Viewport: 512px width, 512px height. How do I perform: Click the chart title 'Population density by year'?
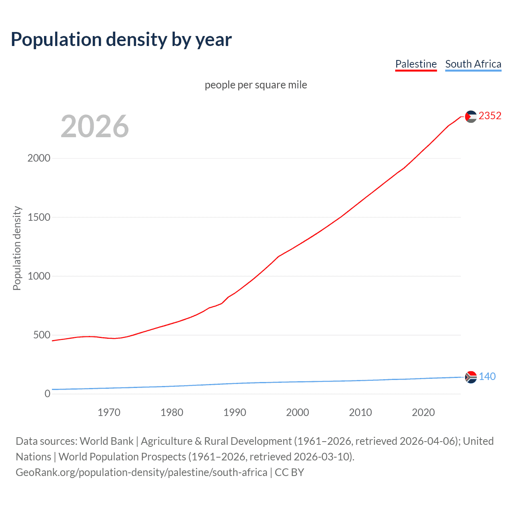pyautogui.click(x=121, y=40)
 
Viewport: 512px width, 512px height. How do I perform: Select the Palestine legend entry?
pyautogui.click(x=416, y=64)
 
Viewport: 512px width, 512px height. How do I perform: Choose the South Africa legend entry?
pyautogui.click(x=473, y=64)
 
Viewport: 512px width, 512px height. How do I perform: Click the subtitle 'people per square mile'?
pyautogui.click(x=256, y=85)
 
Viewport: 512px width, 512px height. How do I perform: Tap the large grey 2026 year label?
pyautogui.click(x=95, y=126)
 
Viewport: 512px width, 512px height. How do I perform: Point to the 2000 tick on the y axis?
pyautogui.click(x=39, y=158)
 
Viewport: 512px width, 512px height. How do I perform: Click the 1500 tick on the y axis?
pyautogui.click(x=39, y=217)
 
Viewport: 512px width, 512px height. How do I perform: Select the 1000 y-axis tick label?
pyautogui.click(x=39, y=276)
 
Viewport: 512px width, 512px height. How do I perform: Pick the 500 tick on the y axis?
pyautogui.click(x=42, y=335)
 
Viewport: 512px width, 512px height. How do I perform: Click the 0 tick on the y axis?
pyautogui.click(x=48, y=394)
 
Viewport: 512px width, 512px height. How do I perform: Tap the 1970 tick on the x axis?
pyautogui.click(x=109, y=412)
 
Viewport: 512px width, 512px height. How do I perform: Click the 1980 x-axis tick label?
pyautogui.click(x=172, y=412)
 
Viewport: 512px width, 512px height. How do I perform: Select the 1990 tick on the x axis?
pyautogui.click(x=234, y=412)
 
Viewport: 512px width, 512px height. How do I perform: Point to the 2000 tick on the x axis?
pyautogui.click(x=297, y=412)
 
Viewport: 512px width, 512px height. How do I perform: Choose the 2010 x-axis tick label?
pyautogui.click(x=360, y=412)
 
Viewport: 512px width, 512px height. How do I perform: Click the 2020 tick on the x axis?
pyautogui.click(x=423, y=412)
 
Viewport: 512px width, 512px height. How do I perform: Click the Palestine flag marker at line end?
pyautogui.click(x=471, y=116)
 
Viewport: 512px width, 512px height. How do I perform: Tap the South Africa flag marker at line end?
pyautogui.click(x=471, y=377)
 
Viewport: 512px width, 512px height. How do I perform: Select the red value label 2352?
pyautogui.click(x=490, y=116)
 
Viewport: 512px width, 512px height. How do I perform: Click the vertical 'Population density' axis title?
pyautogui.click(x=17, y=248)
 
